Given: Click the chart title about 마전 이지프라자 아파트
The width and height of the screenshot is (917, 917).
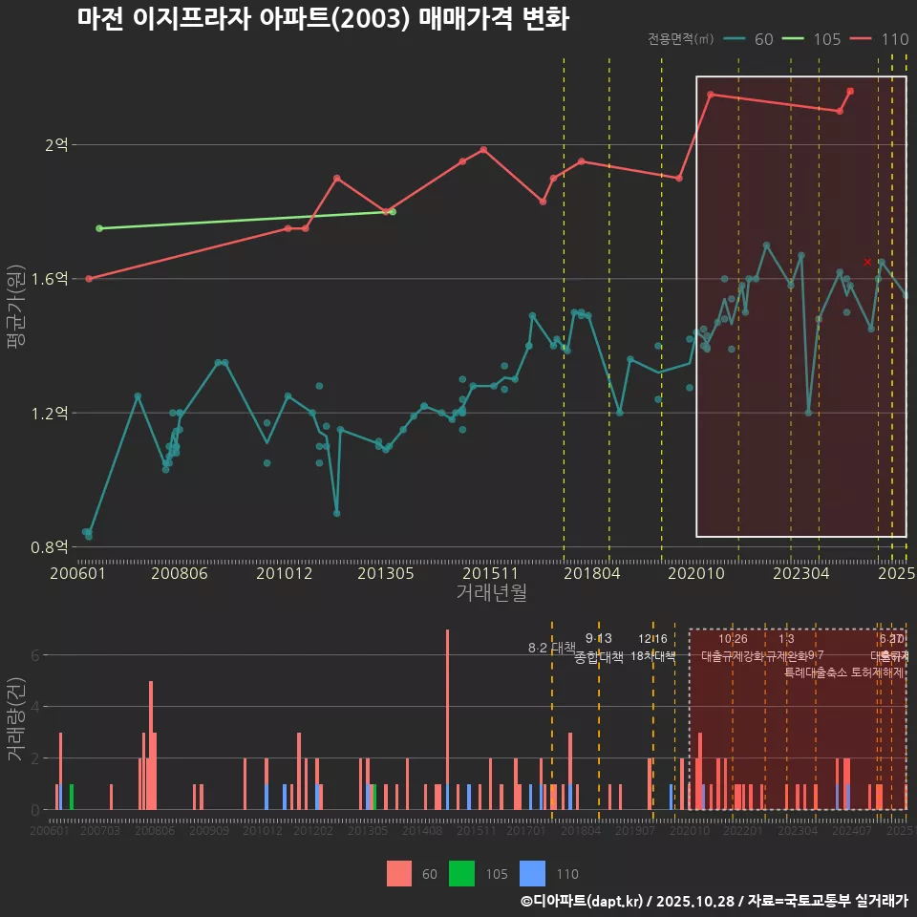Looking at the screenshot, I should point(323,19).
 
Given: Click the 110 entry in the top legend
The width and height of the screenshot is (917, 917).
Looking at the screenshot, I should point(894,39).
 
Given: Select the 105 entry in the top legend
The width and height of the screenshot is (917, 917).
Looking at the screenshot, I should point(826,39).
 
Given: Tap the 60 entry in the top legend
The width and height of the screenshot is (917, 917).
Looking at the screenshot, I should point(763,39).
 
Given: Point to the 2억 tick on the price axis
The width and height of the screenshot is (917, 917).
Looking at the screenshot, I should point(56,145).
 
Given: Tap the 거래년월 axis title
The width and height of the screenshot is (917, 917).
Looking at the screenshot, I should point(490,592).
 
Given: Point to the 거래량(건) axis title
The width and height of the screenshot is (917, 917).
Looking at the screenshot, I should point(15,719).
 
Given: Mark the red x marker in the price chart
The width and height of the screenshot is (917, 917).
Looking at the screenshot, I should point(867,262).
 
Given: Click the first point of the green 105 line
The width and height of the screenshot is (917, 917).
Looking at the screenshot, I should point(99,228).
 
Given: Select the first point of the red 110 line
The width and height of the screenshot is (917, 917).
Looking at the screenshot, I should point(89,279).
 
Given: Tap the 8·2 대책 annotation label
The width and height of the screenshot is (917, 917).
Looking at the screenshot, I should point(551,648).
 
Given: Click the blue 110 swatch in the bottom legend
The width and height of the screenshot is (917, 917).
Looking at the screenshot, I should point(532,873).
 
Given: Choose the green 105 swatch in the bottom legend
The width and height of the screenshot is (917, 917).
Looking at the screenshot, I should point(462,873).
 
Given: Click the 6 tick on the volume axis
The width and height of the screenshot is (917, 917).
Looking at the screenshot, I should point(34,655).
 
